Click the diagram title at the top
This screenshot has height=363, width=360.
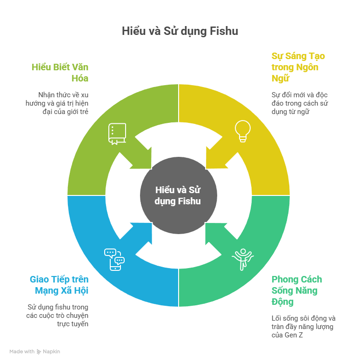pyautogui.click(x=180, y=31)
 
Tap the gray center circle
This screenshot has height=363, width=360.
pyautogui.click(x=179, y=195)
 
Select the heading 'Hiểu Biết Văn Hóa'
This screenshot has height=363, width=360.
pyautogui.click(x=60, y=72)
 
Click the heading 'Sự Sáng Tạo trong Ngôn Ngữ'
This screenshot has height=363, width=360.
pyautogui.click(x=298, y=67)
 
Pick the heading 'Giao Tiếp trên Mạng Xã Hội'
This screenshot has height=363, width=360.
pyautogui.click(x=59, y=285)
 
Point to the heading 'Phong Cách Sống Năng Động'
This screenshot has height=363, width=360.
pyautogui.click(x=297, y=290)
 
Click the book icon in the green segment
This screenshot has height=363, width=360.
pyautogui.click(x=117, y=134)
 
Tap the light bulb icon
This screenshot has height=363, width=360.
pyautogui.click(x=242, y=131)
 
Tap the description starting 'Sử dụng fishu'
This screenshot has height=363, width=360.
pyautogui.click(x=57, y=315)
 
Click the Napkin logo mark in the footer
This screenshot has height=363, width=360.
pyautogui.click(x=39, y=352)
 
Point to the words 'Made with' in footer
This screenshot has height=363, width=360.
pyautogui.click(x=22, y=352)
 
